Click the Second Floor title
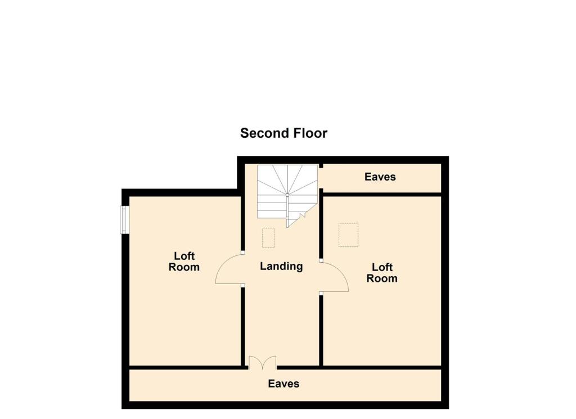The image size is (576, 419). tap(283, 133)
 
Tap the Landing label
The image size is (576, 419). tap(281, 267)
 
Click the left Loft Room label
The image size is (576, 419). tap(184, 262)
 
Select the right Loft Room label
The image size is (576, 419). tap(382, 273)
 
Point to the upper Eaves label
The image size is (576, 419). tap(380, 177)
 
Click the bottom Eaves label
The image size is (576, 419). tap(283, 384)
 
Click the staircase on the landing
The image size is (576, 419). tap(287, 192)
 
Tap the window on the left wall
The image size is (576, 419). tap(125, 220)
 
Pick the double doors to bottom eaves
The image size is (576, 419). tap(263, 362)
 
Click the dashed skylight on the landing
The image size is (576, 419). tap(268, 237)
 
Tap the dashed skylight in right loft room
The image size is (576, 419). tap(348, 235)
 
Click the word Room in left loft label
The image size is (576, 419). tap(184, 268)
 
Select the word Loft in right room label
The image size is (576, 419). tap(382, 267)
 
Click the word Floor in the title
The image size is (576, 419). tap(309, 133)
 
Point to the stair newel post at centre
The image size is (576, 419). tap(287, 195)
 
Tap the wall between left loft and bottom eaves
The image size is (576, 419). tap(186, 368)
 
